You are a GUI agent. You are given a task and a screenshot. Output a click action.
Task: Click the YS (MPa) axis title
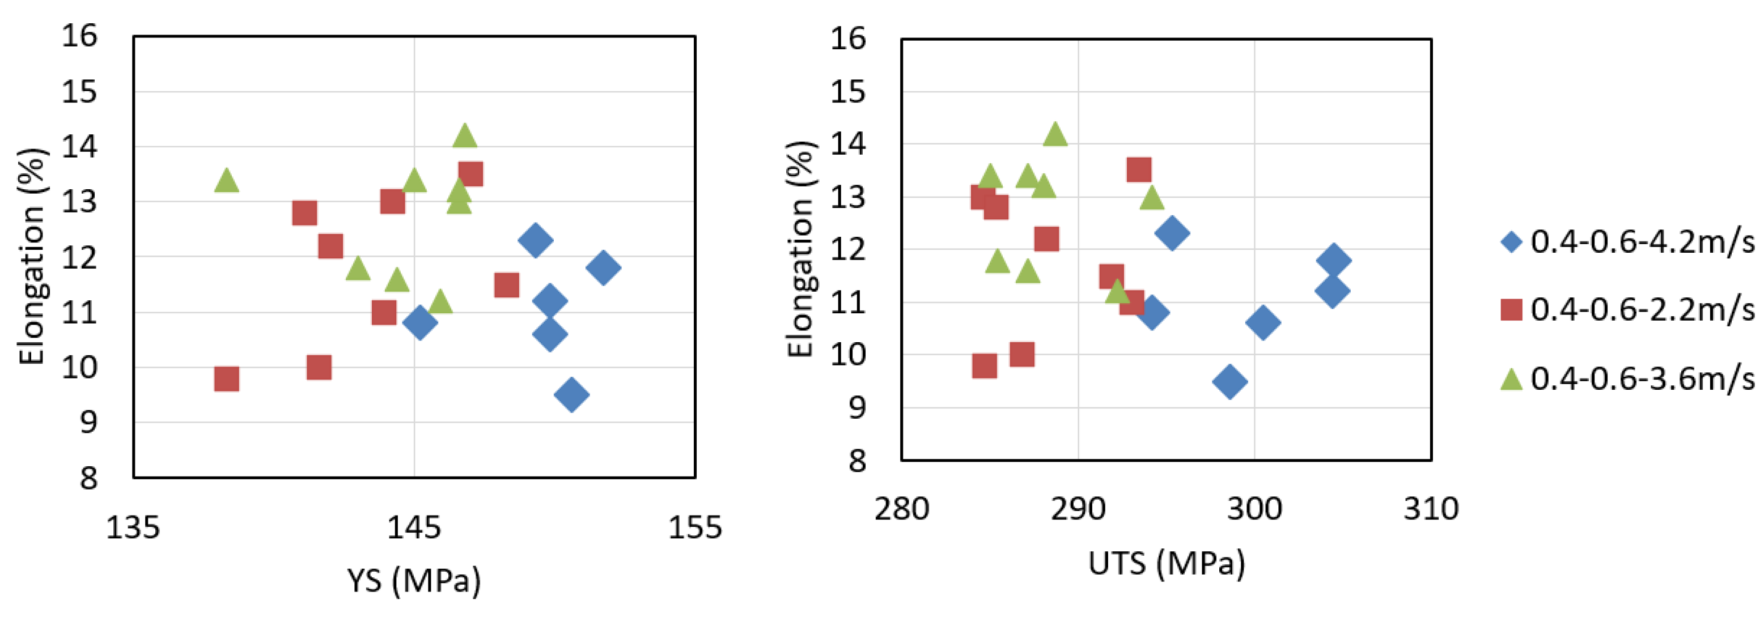[414, 581]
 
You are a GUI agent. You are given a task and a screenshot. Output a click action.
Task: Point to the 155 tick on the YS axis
[694, 527]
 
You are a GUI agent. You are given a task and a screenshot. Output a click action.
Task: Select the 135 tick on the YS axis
[133, 527]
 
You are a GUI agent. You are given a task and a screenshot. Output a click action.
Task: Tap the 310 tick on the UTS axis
[1431, 509]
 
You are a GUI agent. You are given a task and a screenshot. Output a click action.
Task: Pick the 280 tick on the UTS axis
[901, 509]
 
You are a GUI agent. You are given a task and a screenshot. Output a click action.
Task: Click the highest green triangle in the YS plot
[464, 135]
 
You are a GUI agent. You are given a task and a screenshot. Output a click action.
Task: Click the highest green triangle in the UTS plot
[1055, 134]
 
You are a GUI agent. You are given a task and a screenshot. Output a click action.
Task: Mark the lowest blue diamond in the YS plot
[572, 394]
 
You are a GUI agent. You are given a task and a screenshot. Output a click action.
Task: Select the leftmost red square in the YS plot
[227, 378]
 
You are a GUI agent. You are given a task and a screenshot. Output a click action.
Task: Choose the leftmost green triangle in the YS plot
[227, 181]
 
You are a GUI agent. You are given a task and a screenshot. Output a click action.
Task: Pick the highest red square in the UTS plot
[1138, 169]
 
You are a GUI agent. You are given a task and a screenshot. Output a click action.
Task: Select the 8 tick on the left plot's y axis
[88, 478]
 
